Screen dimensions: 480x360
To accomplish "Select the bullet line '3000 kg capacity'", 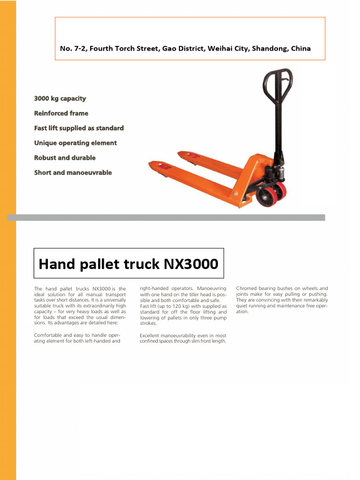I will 60,98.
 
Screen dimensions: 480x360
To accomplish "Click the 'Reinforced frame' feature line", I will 61,113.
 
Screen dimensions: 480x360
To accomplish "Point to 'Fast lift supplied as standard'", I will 79,128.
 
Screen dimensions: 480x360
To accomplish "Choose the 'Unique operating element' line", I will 75,143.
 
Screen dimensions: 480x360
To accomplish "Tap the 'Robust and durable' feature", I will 65,158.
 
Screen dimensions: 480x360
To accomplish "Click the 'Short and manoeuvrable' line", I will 73,172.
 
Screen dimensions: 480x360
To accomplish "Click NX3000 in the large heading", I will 190,264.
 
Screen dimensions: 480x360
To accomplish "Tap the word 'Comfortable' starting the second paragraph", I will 50,335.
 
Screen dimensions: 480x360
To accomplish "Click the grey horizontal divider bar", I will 166,217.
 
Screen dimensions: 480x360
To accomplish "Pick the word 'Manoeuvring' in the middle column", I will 211,288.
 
